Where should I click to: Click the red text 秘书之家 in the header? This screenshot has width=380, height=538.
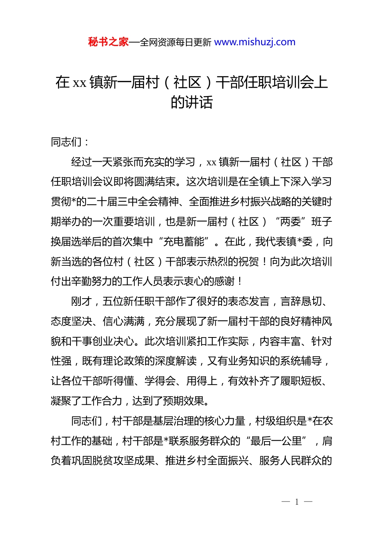[x=108, y=42]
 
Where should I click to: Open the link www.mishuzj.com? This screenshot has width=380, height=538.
[x=255, y=42]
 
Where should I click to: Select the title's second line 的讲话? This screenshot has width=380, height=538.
[x=192, y=102]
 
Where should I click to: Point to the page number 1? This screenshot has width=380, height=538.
[x=297, y=502]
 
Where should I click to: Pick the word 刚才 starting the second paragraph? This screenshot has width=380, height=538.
[x=82, y=301]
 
